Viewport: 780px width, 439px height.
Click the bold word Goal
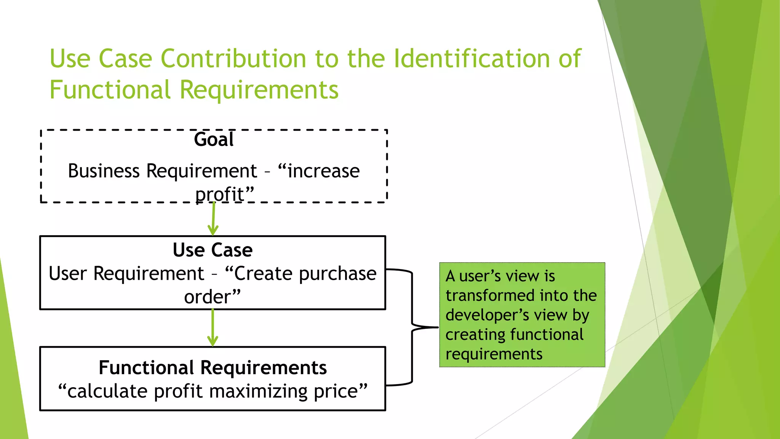[x=214, y=139]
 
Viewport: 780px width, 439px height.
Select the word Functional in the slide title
[x=110, y=90]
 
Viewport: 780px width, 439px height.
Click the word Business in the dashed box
[x=104, y=171]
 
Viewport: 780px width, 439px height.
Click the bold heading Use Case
[x=213, y=250]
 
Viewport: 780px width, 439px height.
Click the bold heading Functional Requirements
[x=213, y=368]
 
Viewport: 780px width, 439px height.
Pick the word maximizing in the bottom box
[x=258, y=391]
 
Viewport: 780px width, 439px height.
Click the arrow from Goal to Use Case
[x=213, y=219]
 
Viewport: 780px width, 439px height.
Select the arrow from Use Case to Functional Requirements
[x=213, y=328]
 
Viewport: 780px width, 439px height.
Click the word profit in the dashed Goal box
[x=219, y=194]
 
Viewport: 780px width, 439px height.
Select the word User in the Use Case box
[x=69, y=274]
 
